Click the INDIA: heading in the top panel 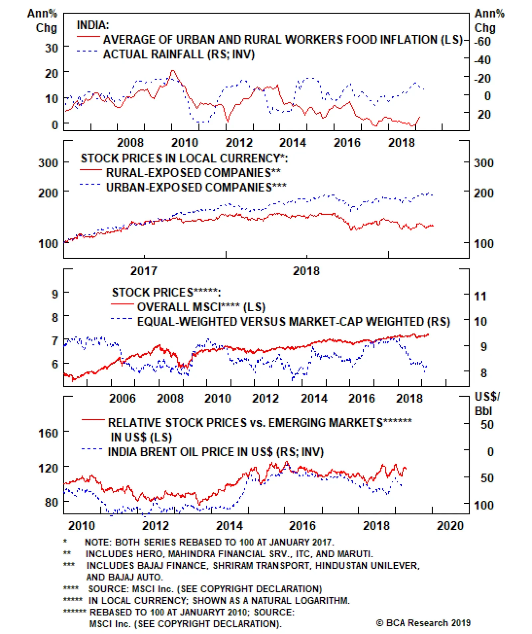click(x=92, y=25)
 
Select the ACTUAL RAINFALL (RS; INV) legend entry click(x=179, y=54)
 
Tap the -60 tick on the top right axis click(x=482, y=42)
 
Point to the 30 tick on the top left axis click(x=52, y=48)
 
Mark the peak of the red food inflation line click(x=172, y=70)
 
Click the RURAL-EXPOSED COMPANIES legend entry click(x=193, y=173)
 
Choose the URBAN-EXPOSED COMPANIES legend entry click(x=196, y=188)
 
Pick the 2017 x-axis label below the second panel click(x=144, y=271)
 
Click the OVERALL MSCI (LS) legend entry click(x=201, y=307)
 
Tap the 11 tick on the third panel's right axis click(x=480, y=296)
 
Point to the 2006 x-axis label click(x=122, y=398)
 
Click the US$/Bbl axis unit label click(x=486, y=404)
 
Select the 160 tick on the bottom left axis click(x=48, y=433)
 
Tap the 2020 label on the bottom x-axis click(x=450, y=526)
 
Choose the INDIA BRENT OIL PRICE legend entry click(x=215, y=452)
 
